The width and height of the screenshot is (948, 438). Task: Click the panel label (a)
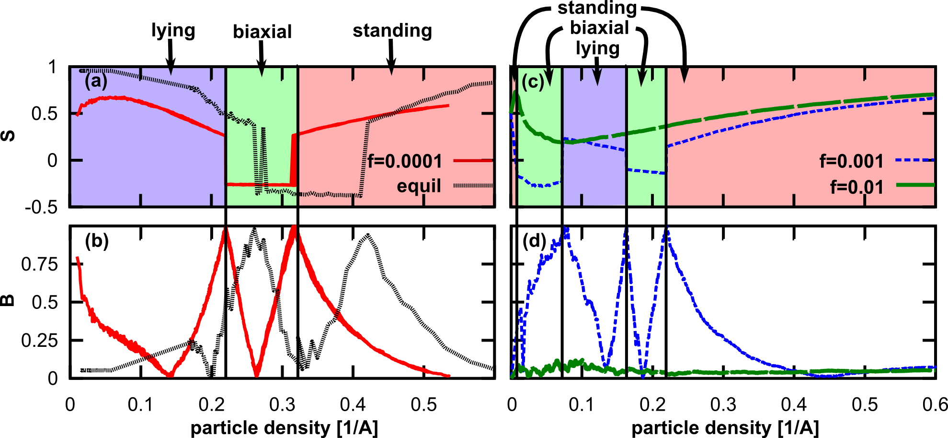pyautogui.click(x=96, y=81)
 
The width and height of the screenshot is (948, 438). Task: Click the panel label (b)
pyautogui.click(x=96, y=241)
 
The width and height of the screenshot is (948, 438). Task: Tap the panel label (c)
pyautogui.click(x=533, y=82)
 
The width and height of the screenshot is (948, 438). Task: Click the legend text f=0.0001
pyautogui.click(x=405, y=161)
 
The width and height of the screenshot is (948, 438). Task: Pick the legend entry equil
pyautogui.click(x=419, y=186)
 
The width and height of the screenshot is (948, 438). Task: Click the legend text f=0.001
pyautogui.click(x=851, y=161)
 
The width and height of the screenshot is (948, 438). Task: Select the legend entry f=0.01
pyautogui.click(x=857, y=187)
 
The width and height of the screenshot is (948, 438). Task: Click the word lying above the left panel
pyautogui.click(x=173, y=31)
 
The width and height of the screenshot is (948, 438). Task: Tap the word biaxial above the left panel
pyautogui.click(x=262, y=32)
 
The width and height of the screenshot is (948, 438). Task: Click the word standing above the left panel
pyautogui.click(x=392, y=31)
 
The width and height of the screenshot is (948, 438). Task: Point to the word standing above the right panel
pyautogui.click(x=597, y=8)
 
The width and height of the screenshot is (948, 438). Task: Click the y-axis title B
pyautogui.click(x=8, y=301)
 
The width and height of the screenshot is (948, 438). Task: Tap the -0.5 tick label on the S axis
pyautogui.click(x=41, y=207)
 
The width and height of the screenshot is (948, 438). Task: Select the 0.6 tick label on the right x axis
pyautogui.click(x=935, y=405)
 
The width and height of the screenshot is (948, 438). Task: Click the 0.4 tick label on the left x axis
pyautogui.click(x=353, y=405)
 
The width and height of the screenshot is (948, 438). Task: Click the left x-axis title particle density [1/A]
pyautogui.click(x=284, y=428)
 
